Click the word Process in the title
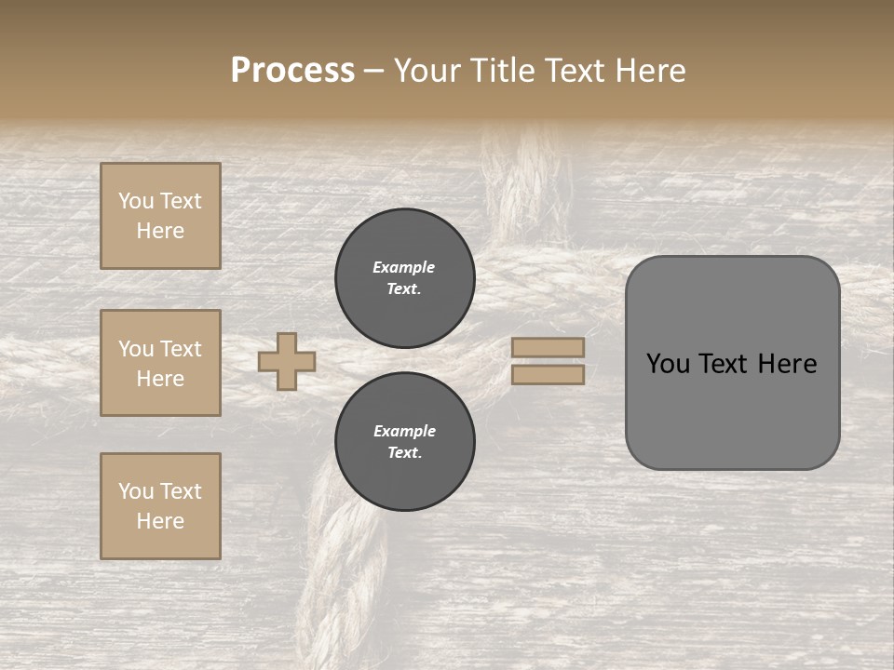click(x=292, y=71)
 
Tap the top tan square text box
click(x=160, y=216)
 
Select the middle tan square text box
click(x=160, y=363)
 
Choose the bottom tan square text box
click(x=160, y=506)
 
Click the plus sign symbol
click(x=287, y=361)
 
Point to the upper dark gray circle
click(x=405, y=278)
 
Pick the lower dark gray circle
click(x=405, y=442)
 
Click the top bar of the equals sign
click(x=549, y=347)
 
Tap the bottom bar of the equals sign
click(x=549, y=374)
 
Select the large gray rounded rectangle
click(x=732, y=363)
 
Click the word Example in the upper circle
click(x=404, y=267)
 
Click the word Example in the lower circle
click(x=404, y=431)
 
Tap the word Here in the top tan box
click(x=160, y=231)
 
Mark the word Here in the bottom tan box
click(x=160, y=521)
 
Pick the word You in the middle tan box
click(x=136, y=349)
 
